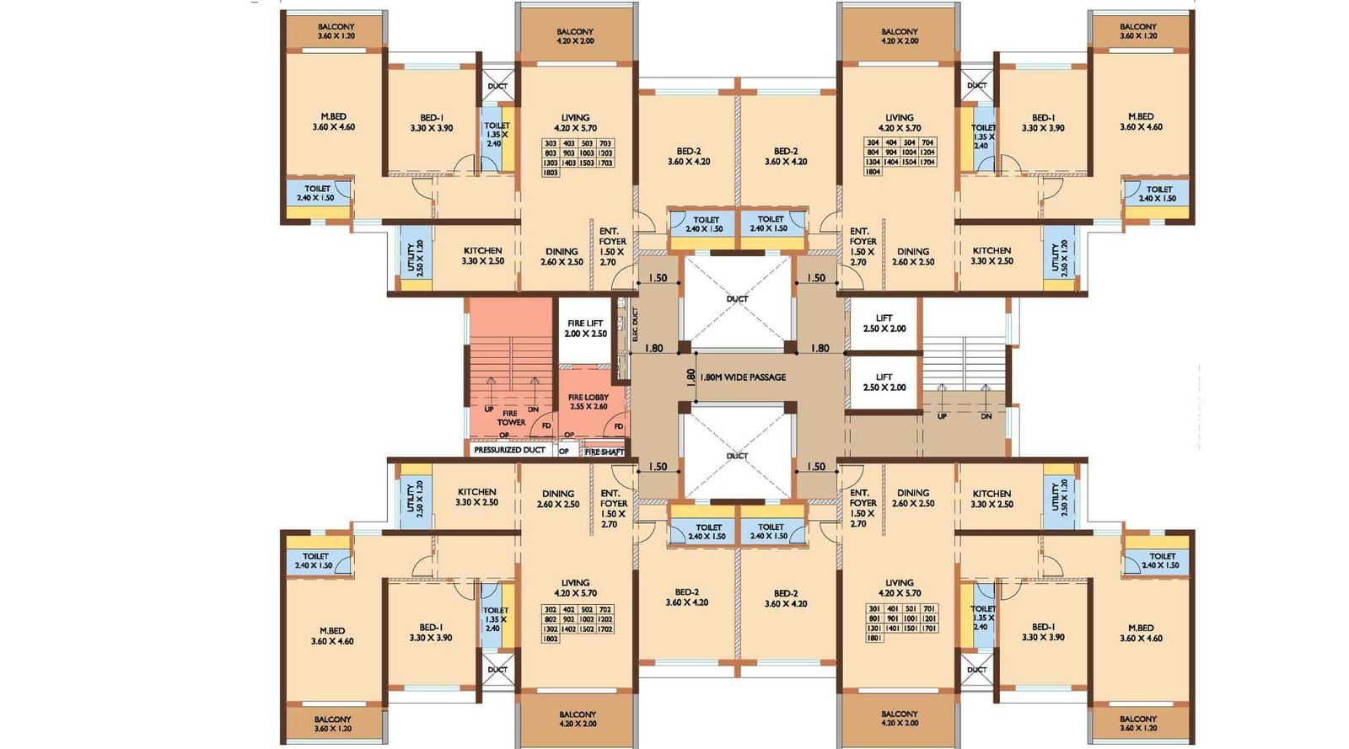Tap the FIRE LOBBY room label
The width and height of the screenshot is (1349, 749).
589,402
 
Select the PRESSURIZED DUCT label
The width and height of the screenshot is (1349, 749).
509,450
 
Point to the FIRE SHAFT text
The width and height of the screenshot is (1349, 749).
605,452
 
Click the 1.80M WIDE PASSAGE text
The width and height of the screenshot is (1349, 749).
743,377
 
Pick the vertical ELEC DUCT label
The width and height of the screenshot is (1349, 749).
635,324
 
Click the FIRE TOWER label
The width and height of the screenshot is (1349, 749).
510,418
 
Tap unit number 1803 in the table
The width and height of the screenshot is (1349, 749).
551,173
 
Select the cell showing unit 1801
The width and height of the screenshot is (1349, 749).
874,638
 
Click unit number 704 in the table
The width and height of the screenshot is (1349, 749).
927,142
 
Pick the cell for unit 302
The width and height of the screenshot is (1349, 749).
551,609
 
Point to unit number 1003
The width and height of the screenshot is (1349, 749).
587,153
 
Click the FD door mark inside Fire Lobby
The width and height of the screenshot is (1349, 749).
618,427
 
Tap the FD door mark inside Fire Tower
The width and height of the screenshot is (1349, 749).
546,426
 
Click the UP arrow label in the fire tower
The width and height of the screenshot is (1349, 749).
489,409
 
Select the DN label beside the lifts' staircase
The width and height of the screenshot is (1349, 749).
986,416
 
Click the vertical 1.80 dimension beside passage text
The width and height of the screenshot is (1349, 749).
691,377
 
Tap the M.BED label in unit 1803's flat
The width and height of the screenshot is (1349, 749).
333,122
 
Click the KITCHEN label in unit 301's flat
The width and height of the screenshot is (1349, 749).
992,499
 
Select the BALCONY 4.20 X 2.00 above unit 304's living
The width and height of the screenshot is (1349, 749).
899,36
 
